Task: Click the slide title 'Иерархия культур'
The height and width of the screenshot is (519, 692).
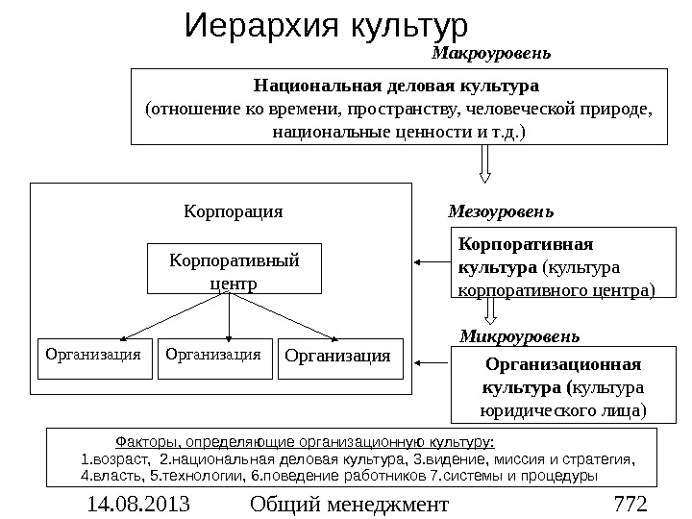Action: click(325, 24)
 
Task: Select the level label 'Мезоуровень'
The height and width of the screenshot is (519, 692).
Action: click(501, 210)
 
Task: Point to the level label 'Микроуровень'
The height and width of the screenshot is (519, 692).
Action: click(519, 336)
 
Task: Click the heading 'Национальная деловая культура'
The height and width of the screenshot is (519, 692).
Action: click(397, 86)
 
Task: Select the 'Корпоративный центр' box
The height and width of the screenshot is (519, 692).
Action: click(234, 269)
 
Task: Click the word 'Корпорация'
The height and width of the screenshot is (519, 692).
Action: click(234, 210)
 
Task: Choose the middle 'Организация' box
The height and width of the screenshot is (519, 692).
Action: click(213, 356)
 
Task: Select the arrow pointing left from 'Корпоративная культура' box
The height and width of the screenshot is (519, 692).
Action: click(432, 260)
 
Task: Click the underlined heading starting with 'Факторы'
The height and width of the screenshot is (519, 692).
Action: click(305, 443)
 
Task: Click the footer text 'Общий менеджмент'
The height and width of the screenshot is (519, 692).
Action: click(348, 503)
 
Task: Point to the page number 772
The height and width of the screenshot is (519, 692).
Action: click(630, 503)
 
